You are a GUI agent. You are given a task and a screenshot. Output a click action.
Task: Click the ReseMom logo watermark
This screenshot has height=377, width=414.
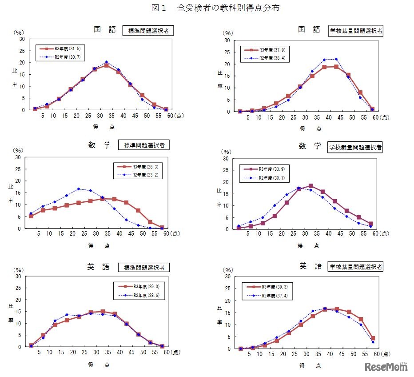point(386,367)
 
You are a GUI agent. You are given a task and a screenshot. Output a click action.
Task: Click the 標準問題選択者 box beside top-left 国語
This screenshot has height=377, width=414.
point(148,31)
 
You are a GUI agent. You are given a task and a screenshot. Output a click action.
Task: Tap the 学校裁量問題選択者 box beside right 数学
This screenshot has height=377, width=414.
point(355,147)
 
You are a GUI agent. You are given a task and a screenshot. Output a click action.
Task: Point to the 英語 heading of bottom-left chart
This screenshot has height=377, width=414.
point(98,267)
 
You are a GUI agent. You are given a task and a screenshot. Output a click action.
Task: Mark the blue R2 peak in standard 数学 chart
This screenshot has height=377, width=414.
point(79,189)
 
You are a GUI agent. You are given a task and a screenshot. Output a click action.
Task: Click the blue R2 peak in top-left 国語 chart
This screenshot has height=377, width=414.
point(107,62)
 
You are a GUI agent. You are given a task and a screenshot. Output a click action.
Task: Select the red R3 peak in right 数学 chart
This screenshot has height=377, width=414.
point(310,186)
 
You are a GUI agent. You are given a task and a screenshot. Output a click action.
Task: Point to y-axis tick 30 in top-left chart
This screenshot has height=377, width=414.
point(21,39)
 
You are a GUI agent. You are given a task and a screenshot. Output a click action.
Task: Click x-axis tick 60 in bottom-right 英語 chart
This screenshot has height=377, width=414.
point(374,354)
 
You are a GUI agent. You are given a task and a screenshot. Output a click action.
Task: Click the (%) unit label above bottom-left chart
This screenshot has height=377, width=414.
point(19,269)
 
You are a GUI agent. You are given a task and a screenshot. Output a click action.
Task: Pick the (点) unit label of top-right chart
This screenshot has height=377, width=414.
point(385,118)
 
